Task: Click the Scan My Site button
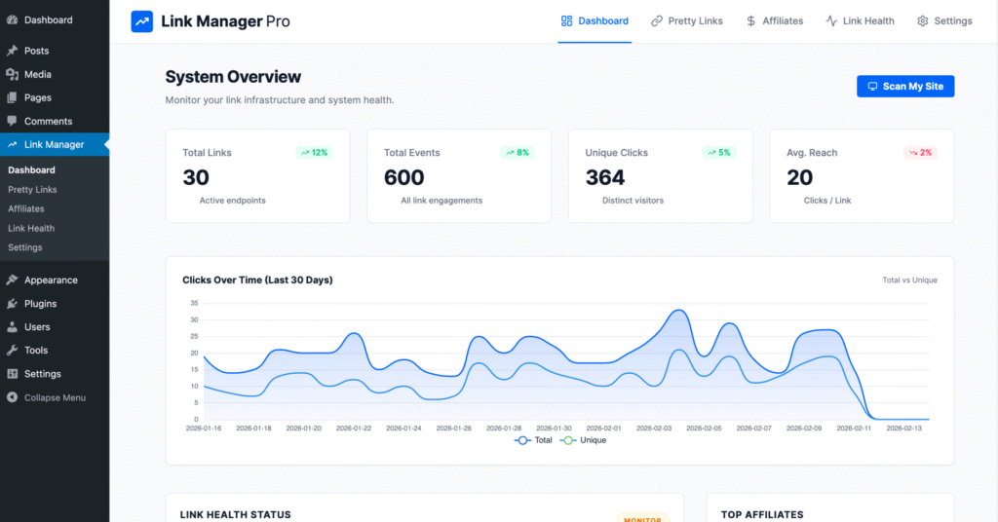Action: point(905,87)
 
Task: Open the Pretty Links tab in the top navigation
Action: point(687,20)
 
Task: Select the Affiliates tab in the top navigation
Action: point(775,20)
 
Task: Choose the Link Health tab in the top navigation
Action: point(860,20)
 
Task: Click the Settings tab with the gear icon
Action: point(944,20)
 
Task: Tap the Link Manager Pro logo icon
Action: point(142,21)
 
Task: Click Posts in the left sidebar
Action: point(37,51)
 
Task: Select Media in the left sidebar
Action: point(38,74)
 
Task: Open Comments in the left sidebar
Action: point(48,121)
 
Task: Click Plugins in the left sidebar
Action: point(40,304)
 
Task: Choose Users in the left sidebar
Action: point(37,327)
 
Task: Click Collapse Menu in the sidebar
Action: point(55,397)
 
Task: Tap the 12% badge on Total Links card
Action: point(314,153)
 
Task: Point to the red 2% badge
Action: point(919,153)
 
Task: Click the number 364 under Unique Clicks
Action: point(605,177)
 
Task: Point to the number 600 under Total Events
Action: point(403,177)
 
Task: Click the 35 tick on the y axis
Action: point(194,303)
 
